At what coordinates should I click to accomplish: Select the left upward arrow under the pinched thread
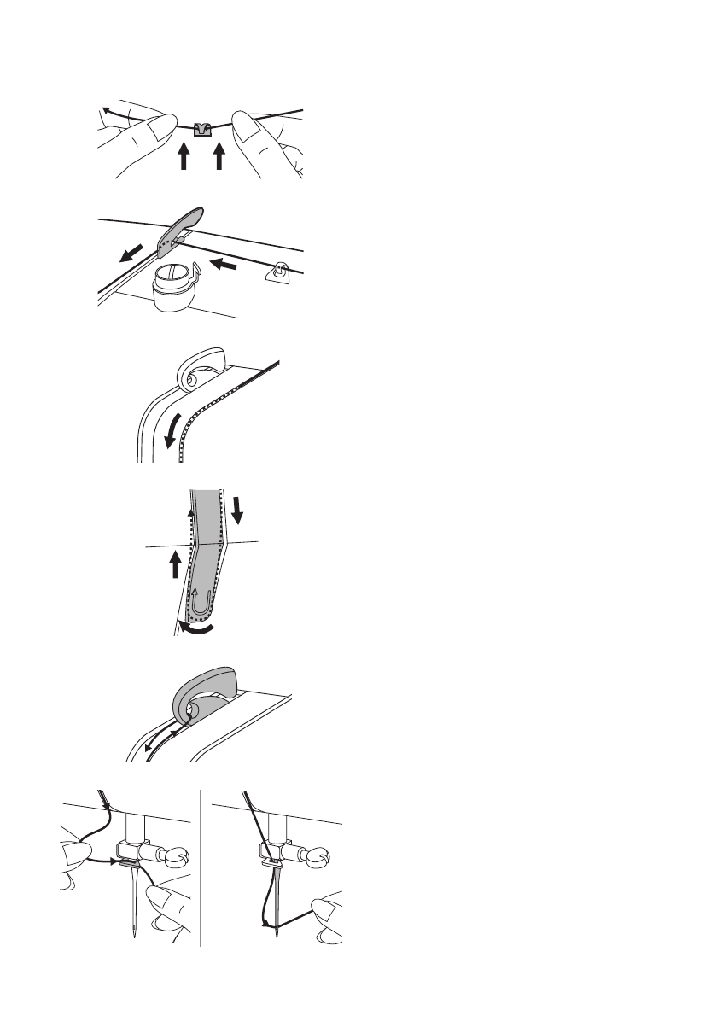[x=183, y=156]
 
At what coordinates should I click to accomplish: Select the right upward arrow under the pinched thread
[x=219, y=156]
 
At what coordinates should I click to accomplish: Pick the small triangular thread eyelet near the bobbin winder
[x=279, y=272]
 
